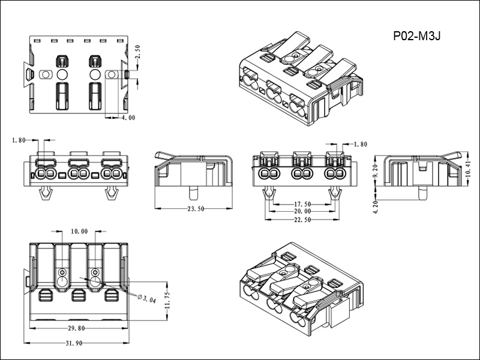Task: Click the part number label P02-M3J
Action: point(417,36)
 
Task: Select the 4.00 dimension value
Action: point(128,118)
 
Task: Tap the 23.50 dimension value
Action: point(192,209)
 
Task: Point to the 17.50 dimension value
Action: point(302,204)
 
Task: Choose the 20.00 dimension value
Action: point(302,211)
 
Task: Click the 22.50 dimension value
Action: point(302,220)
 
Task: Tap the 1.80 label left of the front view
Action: point(19,140)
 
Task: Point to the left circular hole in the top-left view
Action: point(62,74)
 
